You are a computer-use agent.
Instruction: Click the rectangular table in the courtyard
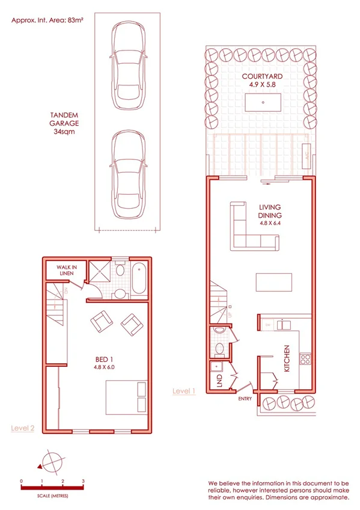point(263,103)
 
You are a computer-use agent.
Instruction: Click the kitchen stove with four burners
point(305,360)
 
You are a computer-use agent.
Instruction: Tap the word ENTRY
point(245,398)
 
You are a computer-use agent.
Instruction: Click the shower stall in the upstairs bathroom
point(100,272)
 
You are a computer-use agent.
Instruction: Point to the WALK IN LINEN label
point(66,270)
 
